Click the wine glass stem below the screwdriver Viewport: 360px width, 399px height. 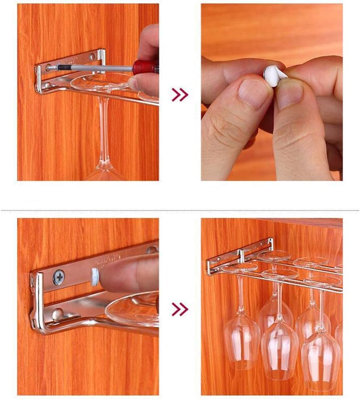pos(104,130)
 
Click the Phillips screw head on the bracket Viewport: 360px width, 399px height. pos(59,278)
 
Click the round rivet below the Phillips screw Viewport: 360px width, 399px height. pos(58,313)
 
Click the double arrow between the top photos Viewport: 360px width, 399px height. pos(180,95)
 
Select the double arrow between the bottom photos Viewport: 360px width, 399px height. pos(180,309)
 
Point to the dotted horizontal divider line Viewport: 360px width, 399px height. pos(180,210)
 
